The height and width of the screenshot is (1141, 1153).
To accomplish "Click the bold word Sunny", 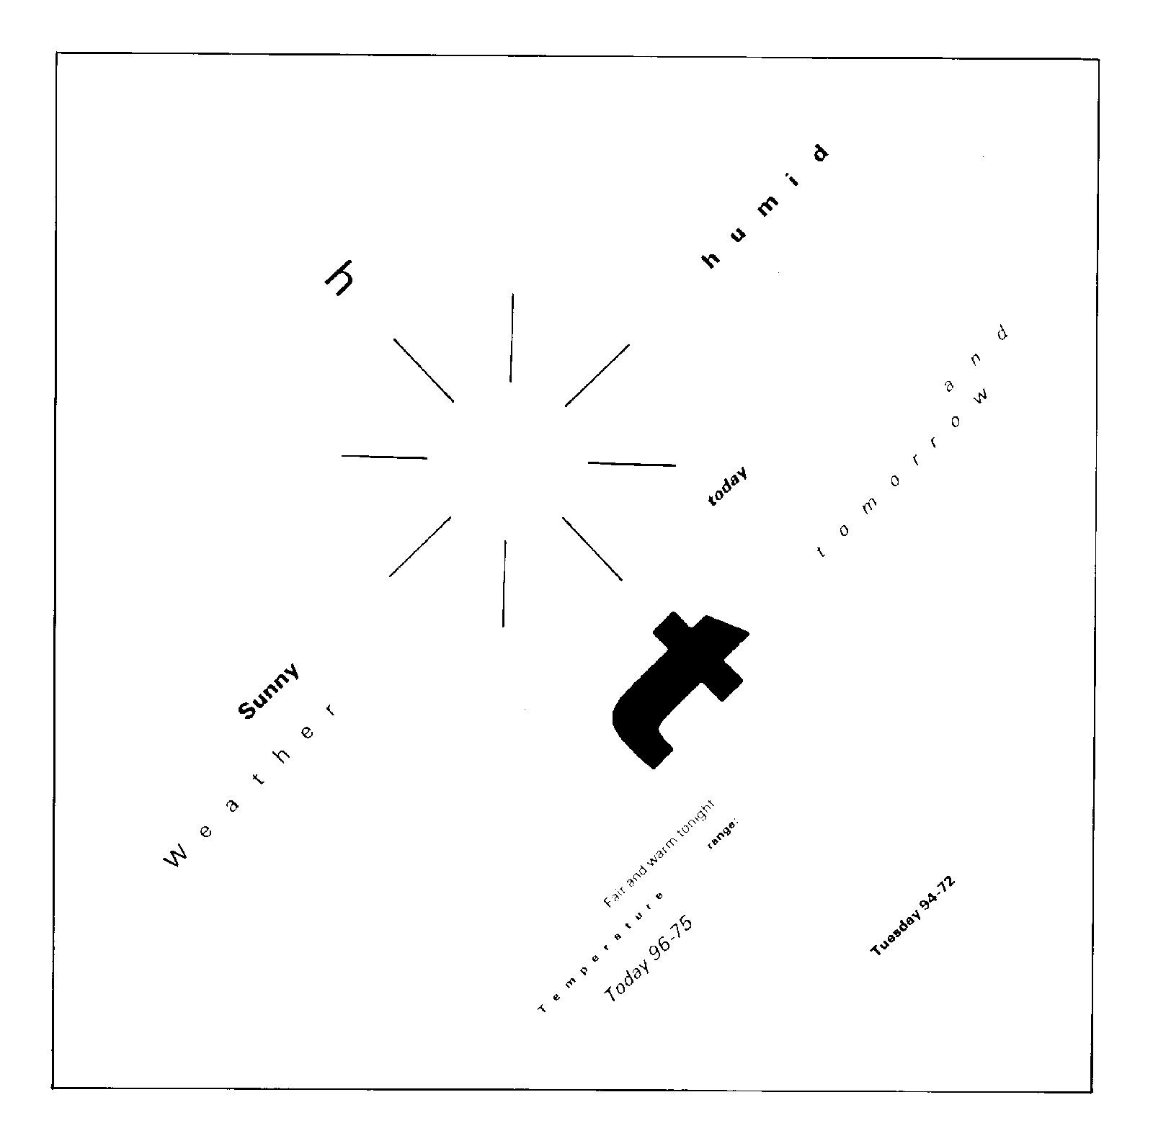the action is tap(267, 691).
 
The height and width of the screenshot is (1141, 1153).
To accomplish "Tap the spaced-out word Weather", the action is tap(251, 785).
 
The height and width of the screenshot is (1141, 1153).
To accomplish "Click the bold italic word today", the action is tap(726, 488).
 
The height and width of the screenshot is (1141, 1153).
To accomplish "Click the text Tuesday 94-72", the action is tap(912, 916).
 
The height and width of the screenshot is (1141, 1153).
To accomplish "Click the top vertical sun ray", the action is tap(512, 337).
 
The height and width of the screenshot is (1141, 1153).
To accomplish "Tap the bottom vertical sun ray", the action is tap(504, 583).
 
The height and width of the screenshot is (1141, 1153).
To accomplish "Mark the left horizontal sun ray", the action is tap(384, 457).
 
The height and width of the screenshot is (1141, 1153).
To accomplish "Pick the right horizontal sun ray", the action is tap(632, 464).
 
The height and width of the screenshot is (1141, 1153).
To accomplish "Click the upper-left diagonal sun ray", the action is tap(424, 370).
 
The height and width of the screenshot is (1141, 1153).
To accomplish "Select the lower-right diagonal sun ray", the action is tap(592, 549).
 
